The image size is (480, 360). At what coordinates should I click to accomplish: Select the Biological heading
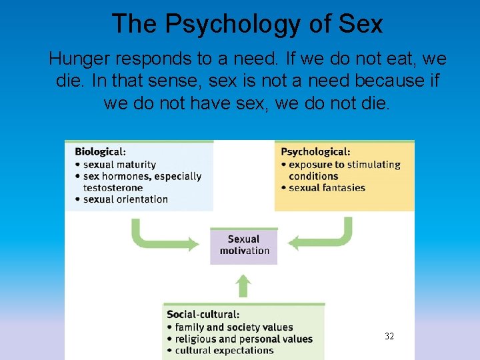tap(100, 152)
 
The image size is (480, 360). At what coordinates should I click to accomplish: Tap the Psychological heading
tap(315, 152)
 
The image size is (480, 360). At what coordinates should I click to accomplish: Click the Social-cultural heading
tap(203, 315)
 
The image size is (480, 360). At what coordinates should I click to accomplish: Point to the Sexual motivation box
tap(244, 245)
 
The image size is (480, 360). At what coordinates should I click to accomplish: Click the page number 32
tap(389, 336)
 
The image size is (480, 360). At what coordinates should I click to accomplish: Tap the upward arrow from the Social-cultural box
tap(244, 285)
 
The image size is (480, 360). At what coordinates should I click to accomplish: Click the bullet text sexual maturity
tap(119, 165)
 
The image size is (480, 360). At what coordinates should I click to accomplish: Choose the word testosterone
tap(113, 187)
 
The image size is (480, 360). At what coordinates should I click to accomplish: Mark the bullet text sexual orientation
tap(125, 199)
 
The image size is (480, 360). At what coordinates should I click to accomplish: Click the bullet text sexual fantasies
tap(327, 187)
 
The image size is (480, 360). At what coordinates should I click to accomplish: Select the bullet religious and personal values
tap(243, 339)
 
